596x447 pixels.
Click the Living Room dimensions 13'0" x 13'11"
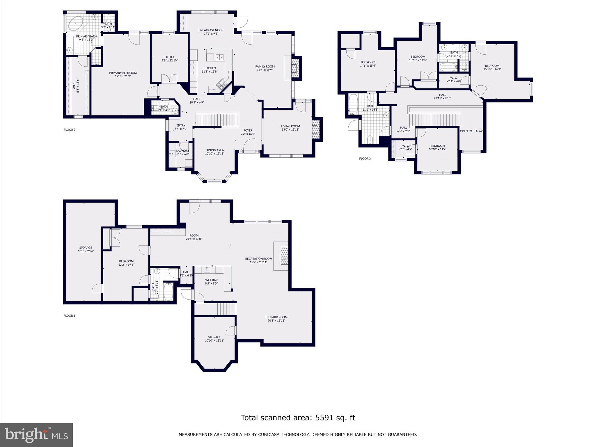click(290, 130)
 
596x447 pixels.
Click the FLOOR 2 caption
click(70, 130)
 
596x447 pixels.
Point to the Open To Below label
click(471, 131)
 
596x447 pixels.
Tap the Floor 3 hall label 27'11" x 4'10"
click(442, 98)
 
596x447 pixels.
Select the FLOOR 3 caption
click(365, 159)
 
